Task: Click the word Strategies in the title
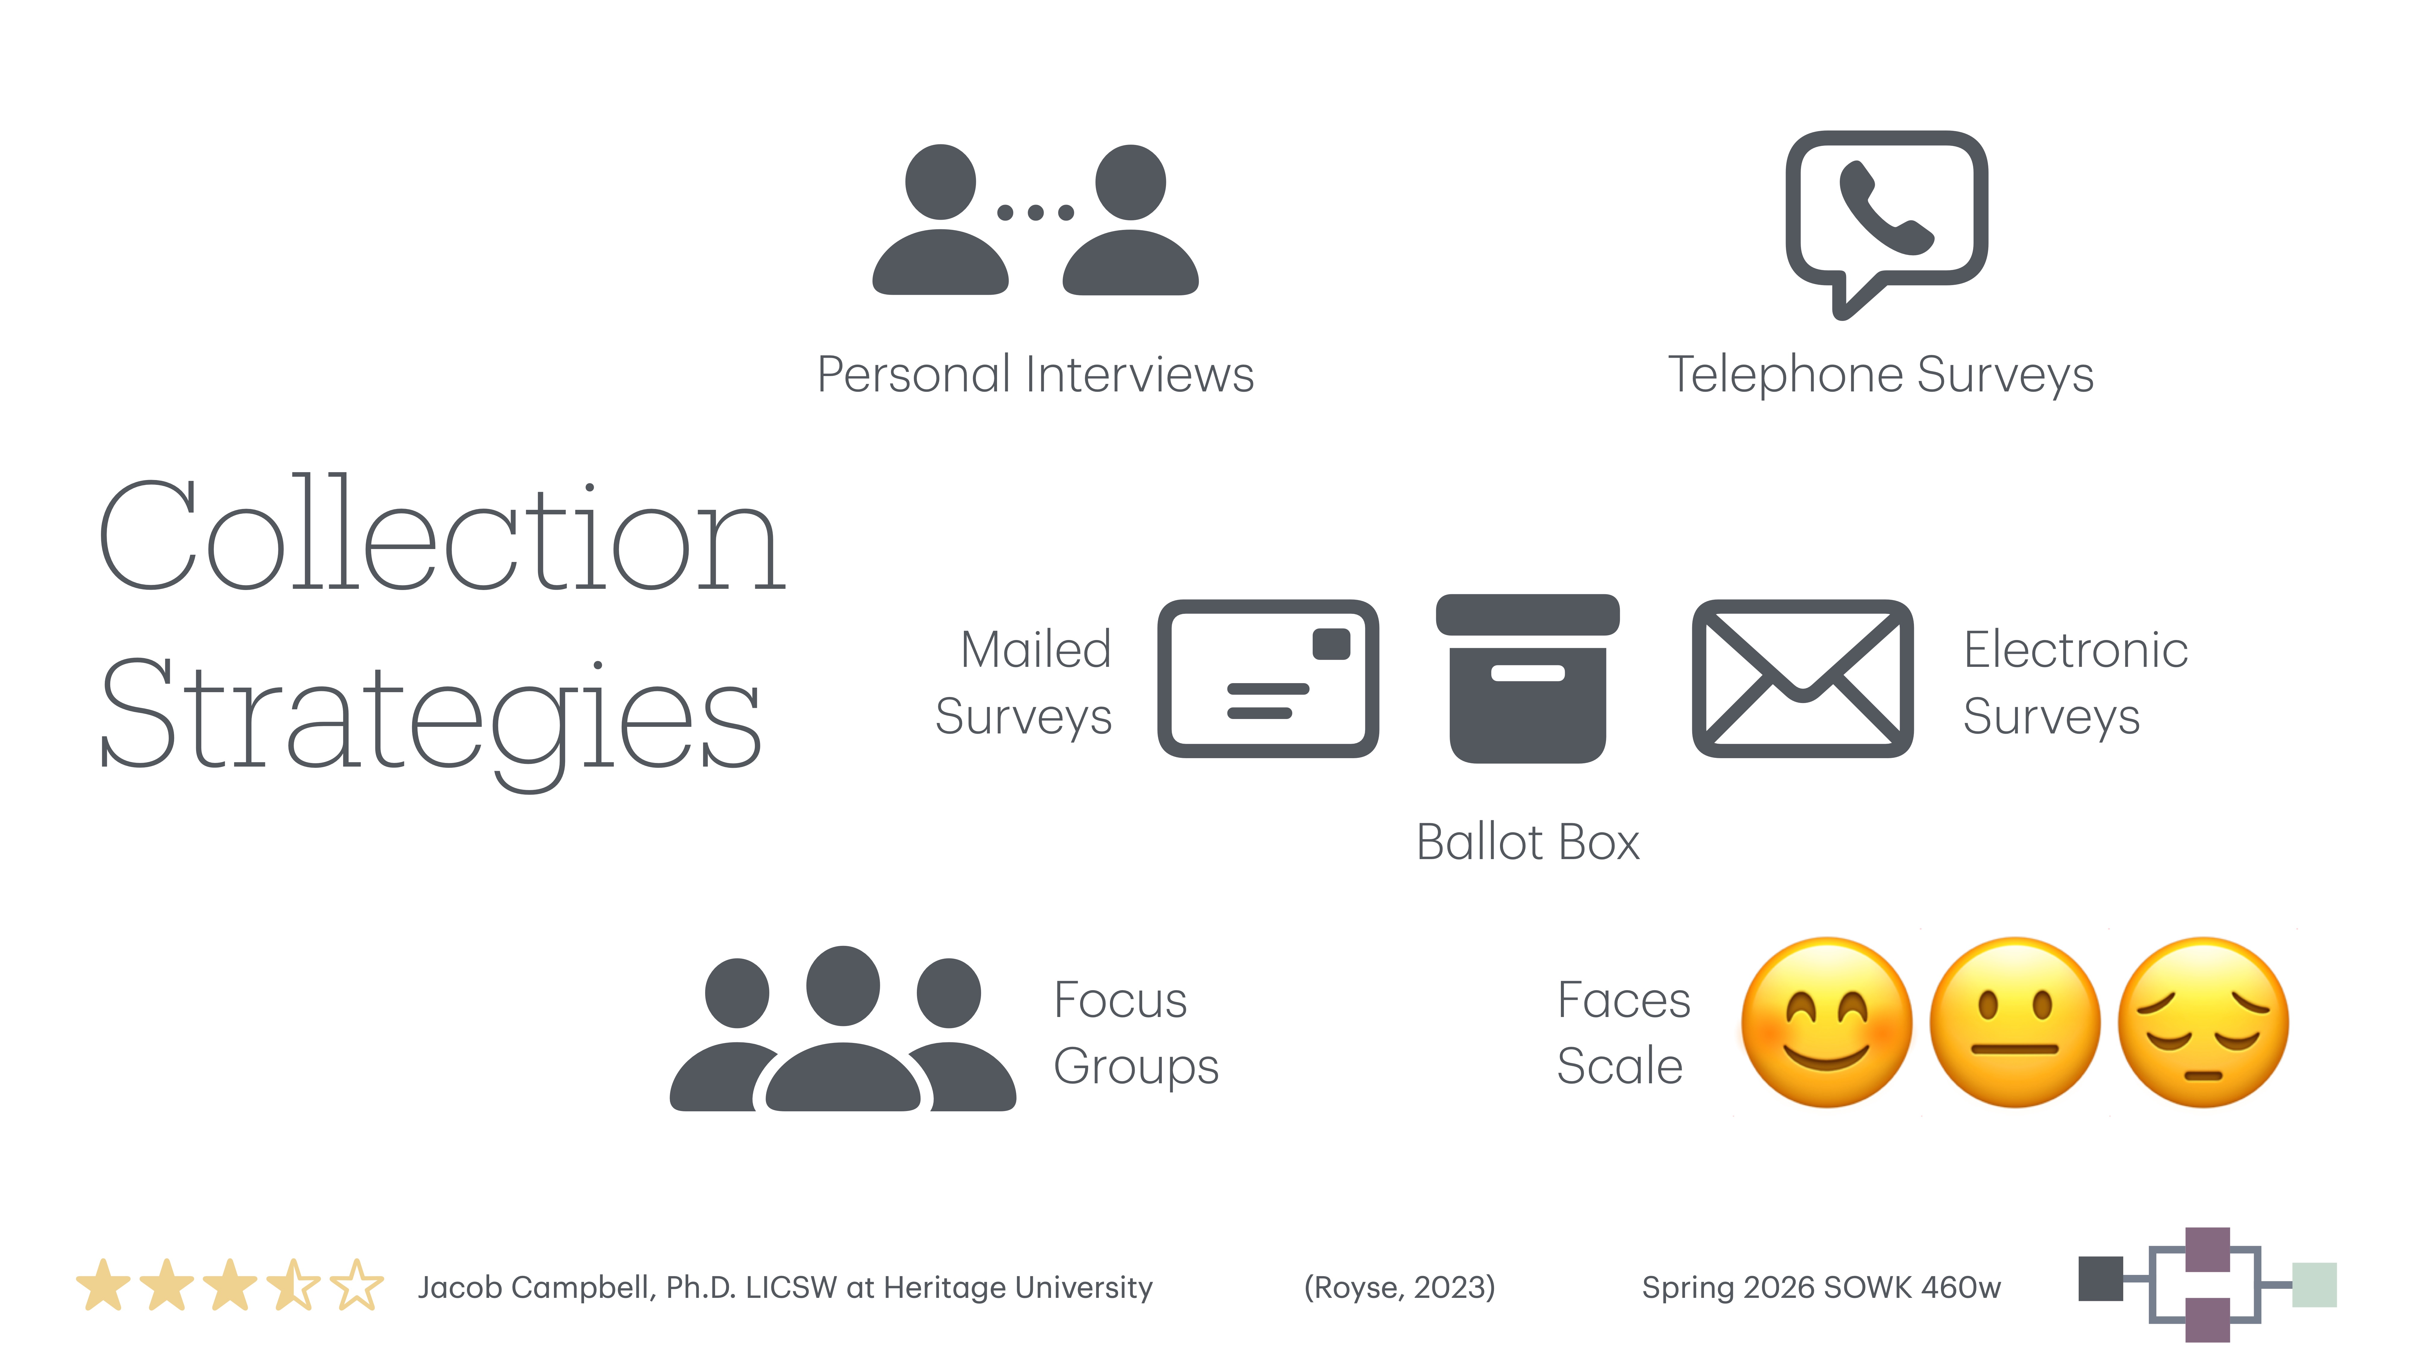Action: coord(430,716)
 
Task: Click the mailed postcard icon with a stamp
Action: coord(1268,679)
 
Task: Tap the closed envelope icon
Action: coord(1802,679)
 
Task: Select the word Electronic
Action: coord(2075,649)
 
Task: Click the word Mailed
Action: coord(1036,649)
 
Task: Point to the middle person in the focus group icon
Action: coord(843,1029)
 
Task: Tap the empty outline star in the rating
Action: coord(356,1286)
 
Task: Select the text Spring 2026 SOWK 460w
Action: coord(1821,1288)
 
